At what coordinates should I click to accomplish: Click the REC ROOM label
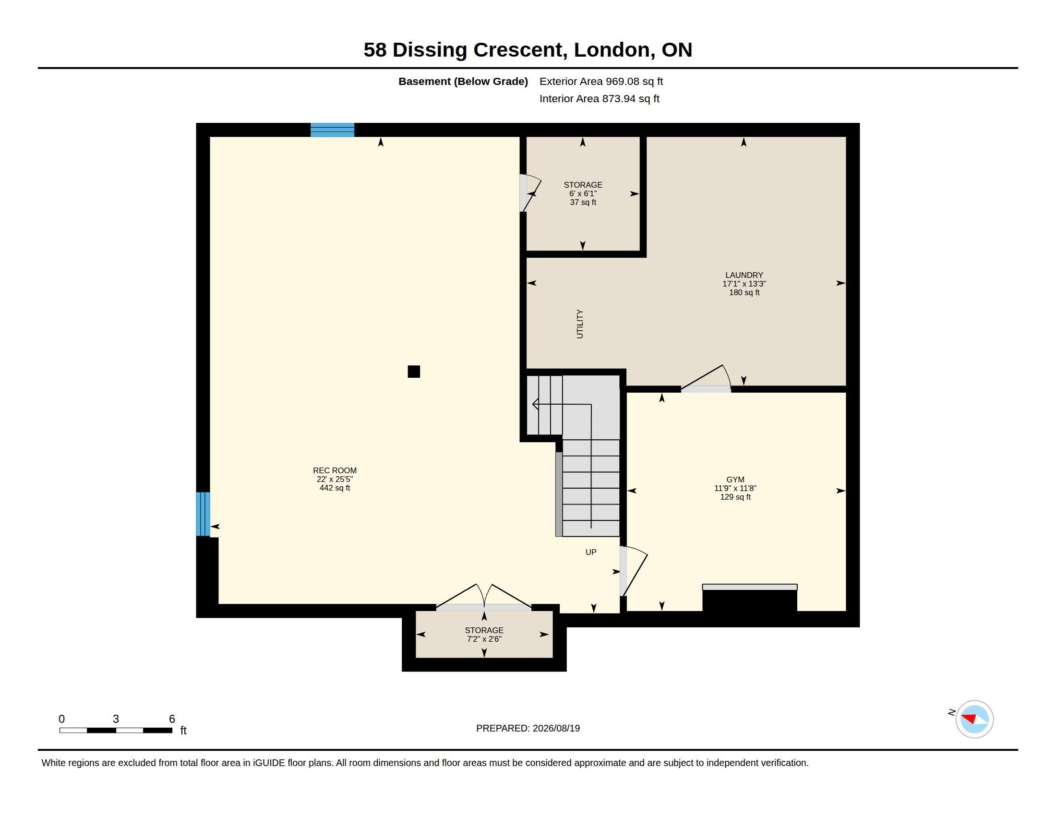pos(335,470)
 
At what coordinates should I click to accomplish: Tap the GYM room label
pos(735,480)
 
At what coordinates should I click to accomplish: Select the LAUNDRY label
pos(744,275)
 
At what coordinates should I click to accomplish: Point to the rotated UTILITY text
pos(580,324)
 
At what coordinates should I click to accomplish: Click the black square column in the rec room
pos(414,371)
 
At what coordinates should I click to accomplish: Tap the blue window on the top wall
pos(332,130)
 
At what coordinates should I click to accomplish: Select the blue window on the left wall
pos(203,514)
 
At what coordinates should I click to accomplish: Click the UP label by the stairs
pos(591,552)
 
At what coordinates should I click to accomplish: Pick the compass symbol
pos(974,719)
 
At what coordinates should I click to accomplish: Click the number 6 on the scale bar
pos(172,719)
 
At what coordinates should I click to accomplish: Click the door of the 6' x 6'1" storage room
pos(530,193)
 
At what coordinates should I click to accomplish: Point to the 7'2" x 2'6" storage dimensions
pos(484,639)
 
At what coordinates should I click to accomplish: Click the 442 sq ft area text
pos(335,488)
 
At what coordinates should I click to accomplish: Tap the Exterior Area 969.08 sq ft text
pos(601,81)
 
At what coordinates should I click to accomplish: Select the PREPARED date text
pos(528,728)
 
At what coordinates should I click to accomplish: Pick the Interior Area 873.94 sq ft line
pos(600,98)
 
